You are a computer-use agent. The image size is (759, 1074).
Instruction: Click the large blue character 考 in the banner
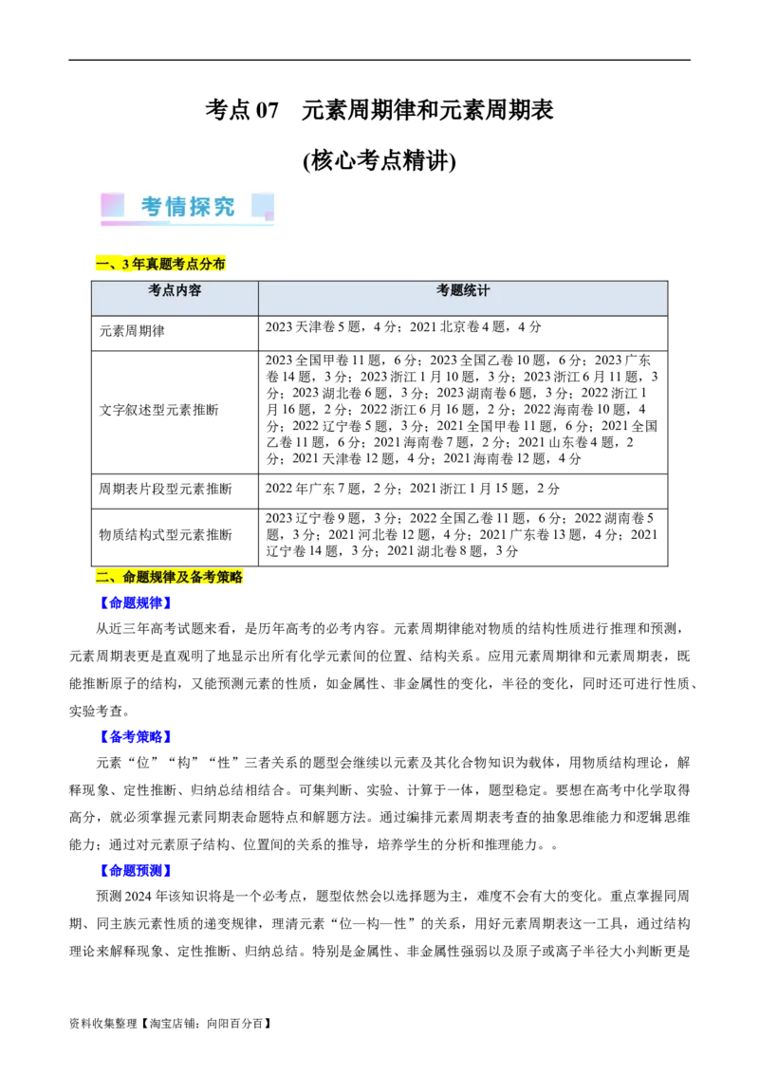coord(153,207)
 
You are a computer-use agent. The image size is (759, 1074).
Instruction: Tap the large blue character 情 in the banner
coord(177,207)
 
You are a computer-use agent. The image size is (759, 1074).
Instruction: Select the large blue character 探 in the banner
coord(201,207)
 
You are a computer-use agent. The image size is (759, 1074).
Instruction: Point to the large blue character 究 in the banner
coord(225,207)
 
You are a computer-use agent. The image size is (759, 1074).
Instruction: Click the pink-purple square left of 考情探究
coord(112,205)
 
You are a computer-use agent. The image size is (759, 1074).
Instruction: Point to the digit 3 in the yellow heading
coord(125,264)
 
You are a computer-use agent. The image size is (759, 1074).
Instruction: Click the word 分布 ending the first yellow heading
coord(213,264)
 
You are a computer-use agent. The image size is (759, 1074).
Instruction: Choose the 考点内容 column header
coord(175,291)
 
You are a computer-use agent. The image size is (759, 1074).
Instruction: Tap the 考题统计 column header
coord(463,291)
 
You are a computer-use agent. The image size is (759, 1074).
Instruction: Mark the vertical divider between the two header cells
coord(258,298)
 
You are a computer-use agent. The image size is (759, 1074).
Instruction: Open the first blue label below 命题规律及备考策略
coord(136,602)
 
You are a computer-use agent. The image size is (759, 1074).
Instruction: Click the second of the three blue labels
coord(136,736)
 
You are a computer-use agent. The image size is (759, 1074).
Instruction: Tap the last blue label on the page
coord(136,870)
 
